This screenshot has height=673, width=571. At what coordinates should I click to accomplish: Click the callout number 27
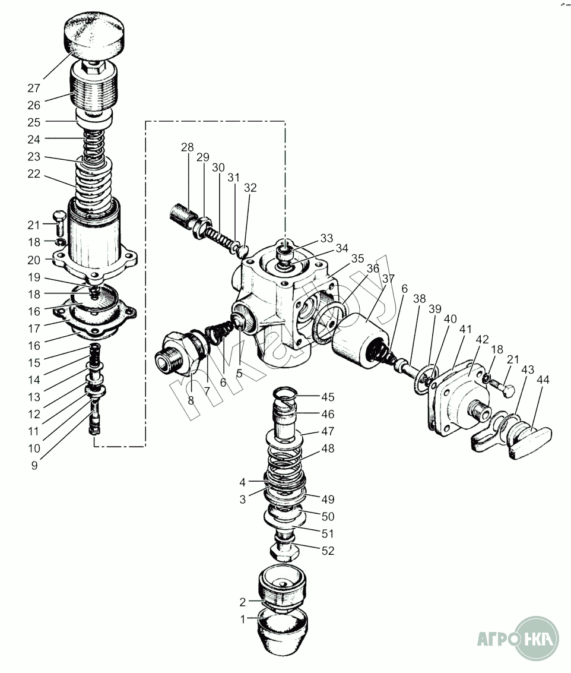(x=34, y=88)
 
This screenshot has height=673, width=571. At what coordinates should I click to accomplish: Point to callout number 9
(x=34, y=466)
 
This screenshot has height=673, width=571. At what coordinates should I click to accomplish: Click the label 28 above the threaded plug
(x=188, y=147)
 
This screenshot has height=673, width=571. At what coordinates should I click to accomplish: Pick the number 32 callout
(x=250, y=188)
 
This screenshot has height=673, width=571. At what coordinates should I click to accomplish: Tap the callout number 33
(x=326, y=238)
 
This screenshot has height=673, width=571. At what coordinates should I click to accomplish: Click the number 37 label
(x=388, y=279)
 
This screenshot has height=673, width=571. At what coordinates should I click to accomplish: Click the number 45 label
(x=328, y=397)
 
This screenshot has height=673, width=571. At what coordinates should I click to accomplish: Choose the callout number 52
(x=328, y=551)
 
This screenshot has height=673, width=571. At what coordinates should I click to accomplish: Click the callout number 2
(x=243, y=602)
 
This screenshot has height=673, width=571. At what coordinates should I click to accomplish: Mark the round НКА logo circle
(x=537, y=639)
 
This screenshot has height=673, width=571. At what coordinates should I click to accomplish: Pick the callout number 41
(x=465, y=330)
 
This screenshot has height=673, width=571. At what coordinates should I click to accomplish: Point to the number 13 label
(x=34, y=397)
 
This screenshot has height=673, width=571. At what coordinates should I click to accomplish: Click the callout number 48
(x=328, y=449)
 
